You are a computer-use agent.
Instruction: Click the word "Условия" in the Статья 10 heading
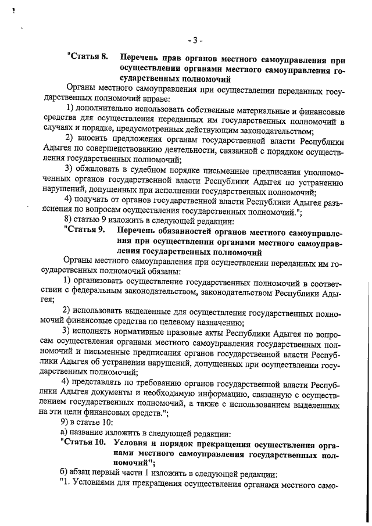135,443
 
